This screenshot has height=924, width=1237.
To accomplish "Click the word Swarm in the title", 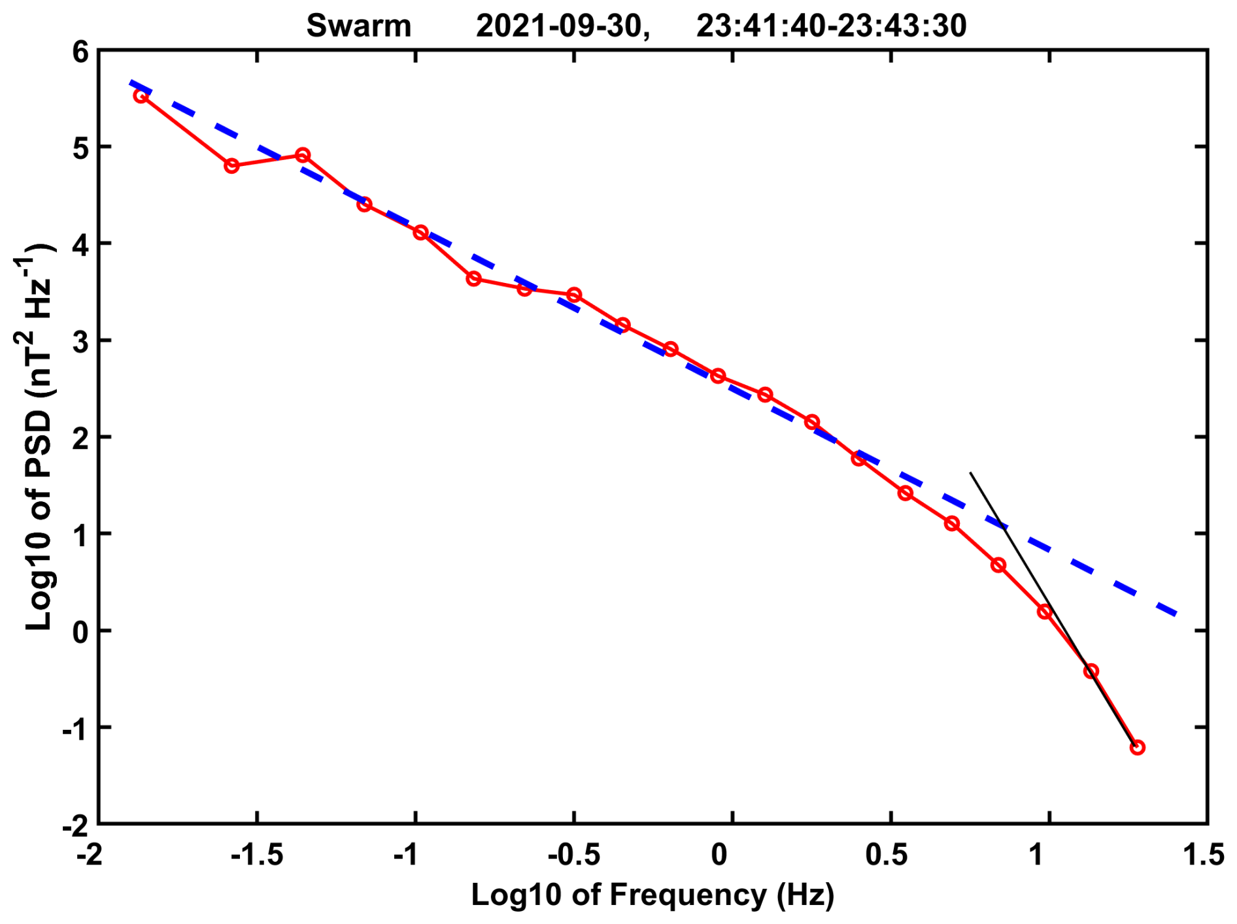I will click(358, 27).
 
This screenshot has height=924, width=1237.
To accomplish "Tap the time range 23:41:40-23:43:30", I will click(831, 27).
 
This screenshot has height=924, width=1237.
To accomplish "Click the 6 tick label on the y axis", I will click(80, 52).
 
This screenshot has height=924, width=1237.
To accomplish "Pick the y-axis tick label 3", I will click(80, 341).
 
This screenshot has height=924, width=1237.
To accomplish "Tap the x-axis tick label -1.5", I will click(257, 855).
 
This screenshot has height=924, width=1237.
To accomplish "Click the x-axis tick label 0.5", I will click(887, 855).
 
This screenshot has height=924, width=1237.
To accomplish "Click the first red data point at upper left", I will click(141, 96).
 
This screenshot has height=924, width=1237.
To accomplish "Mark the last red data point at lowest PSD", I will click(1137, 748).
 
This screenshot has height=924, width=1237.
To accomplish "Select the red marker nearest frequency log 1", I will click(1044, 612).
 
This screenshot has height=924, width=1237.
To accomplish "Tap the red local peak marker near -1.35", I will click(302, 156).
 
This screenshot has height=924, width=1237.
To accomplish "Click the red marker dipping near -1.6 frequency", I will click(231, 166).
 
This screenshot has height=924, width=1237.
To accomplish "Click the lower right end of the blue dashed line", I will click(1176, 614).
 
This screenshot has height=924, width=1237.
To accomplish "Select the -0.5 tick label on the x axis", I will click(573, 855).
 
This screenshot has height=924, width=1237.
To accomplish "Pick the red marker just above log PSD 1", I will click(952, 523).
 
